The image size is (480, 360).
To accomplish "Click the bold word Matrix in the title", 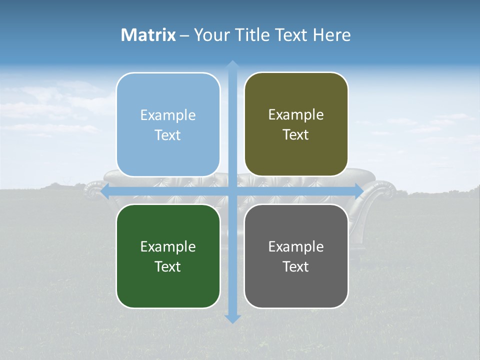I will point(148,35).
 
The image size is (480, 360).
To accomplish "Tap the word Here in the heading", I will point(331,35).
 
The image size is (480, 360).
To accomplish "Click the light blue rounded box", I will point(168,125).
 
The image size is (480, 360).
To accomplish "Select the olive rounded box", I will point(296,124).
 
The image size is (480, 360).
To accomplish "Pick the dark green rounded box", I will point(168,256).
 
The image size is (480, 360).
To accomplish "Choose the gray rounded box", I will point(296,256).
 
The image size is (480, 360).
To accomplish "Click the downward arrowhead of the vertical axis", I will point(232,318).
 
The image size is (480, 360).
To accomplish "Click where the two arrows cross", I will point(232,191).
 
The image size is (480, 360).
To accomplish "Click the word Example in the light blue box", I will point(168,115).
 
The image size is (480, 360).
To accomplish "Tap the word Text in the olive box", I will point(296,135).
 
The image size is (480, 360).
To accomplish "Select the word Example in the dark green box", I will point(168,246).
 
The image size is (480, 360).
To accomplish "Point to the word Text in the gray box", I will point(296,266).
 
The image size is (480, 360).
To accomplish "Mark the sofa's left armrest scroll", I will point(93,190).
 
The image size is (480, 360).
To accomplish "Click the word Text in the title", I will point(291,35).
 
